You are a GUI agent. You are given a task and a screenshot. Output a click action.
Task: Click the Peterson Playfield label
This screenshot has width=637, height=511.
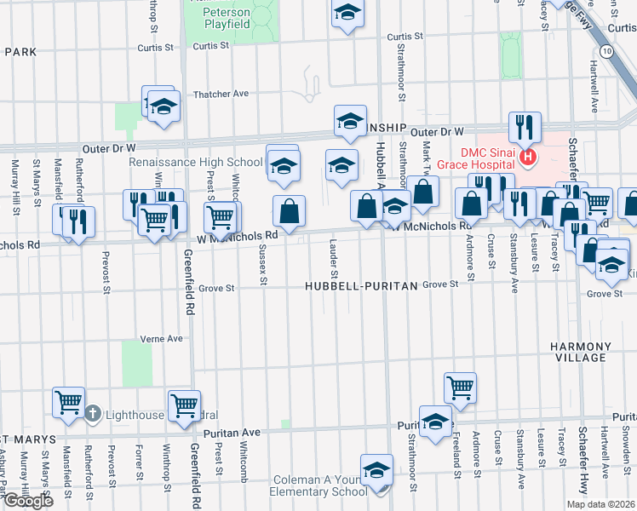(x=227, y=19)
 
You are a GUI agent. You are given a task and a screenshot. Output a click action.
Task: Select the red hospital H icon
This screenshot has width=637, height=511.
(x=527, y=157)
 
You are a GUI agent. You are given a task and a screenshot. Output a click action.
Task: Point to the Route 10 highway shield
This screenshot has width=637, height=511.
(x=605, y=52)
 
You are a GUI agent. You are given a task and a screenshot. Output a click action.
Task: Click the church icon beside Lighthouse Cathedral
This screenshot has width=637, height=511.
(x=93, y=414)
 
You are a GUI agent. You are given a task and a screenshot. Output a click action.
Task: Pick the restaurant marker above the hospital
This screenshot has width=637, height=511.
(x=525, y=128)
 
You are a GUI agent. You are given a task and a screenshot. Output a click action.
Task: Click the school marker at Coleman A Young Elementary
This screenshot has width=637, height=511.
(x=376, y=470)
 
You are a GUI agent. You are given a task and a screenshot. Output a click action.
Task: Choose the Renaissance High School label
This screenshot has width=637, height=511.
(x=196, y=162)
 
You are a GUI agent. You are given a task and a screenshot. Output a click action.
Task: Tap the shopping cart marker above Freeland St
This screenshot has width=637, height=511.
(x=460, y=388)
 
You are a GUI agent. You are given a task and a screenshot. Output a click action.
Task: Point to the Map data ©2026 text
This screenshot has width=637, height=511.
(x=601, y=504)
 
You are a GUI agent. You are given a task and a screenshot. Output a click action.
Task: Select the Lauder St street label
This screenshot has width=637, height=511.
(x=335, y=257)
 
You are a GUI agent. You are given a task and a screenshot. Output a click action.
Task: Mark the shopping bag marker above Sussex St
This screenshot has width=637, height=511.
(x=290, y=210)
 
